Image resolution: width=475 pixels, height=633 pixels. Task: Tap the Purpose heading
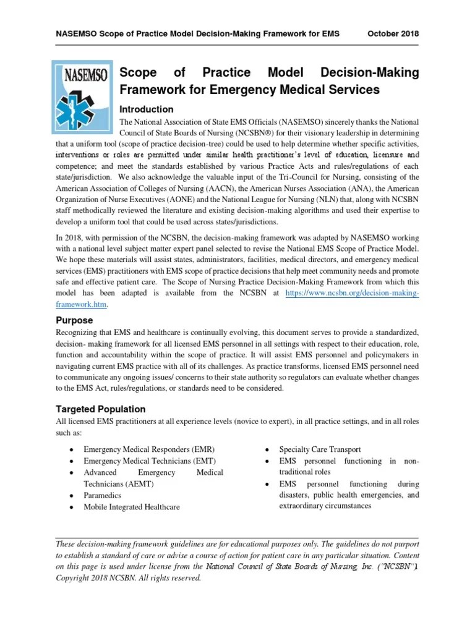(x=74, y=320)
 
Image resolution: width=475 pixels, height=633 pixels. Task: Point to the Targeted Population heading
(x=101, y=409)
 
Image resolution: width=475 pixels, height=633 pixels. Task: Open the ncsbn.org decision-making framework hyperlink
(x=352, y=293)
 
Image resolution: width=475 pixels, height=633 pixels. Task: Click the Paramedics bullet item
(x=103, y=495)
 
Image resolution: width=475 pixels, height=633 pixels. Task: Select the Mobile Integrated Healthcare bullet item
(x=132, y=507)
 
